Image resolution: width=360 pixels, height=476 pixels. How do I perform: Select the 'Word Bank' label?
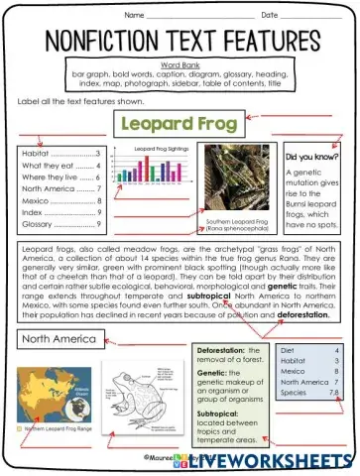[x=180, y=65]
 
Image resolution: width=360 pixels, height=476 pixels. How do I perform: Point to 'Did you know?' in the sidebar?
[x=309, y=158]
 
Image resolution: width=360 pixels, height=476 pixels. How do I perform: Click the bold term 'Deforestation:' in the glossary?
[x=221, y=351]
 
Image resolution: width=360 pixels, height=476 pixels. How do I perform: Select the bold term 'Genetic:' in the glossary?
[x=213, y=378]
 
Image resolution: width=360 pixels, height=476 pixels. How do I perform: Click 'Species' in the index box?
[x=295, y=393]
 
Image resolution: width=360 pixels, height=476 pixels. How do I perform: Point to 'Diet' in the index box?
[x=289, y=351]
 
